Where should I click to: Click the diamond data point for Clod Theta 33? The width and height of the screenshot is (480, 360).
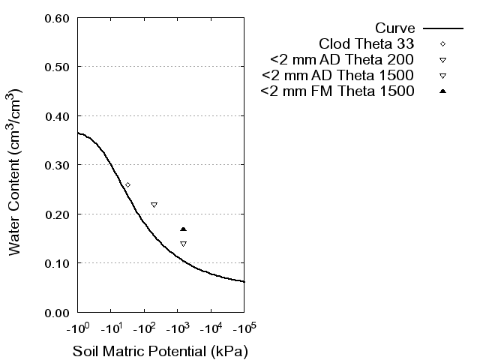[127, 184]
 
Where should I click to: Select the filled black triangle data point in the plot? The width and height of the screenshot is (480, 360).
[183, 229]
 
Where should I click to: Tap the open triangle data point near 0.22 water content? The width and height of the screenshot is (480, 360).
[154, 205]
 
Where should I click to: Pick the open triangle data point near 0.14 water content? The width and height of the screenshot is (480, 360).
[183, 244]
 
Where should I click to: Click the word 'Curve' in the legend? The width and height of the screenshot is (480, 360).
[395, 27]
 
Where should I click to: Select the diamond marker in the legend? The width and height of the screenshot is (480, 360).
[443, 43]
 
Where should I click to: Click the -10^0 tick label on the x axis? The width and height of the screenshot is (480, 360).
[77, 327]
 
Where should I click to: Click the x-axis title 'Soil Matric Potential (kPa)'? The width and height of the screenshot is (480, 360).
[160, 350]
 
